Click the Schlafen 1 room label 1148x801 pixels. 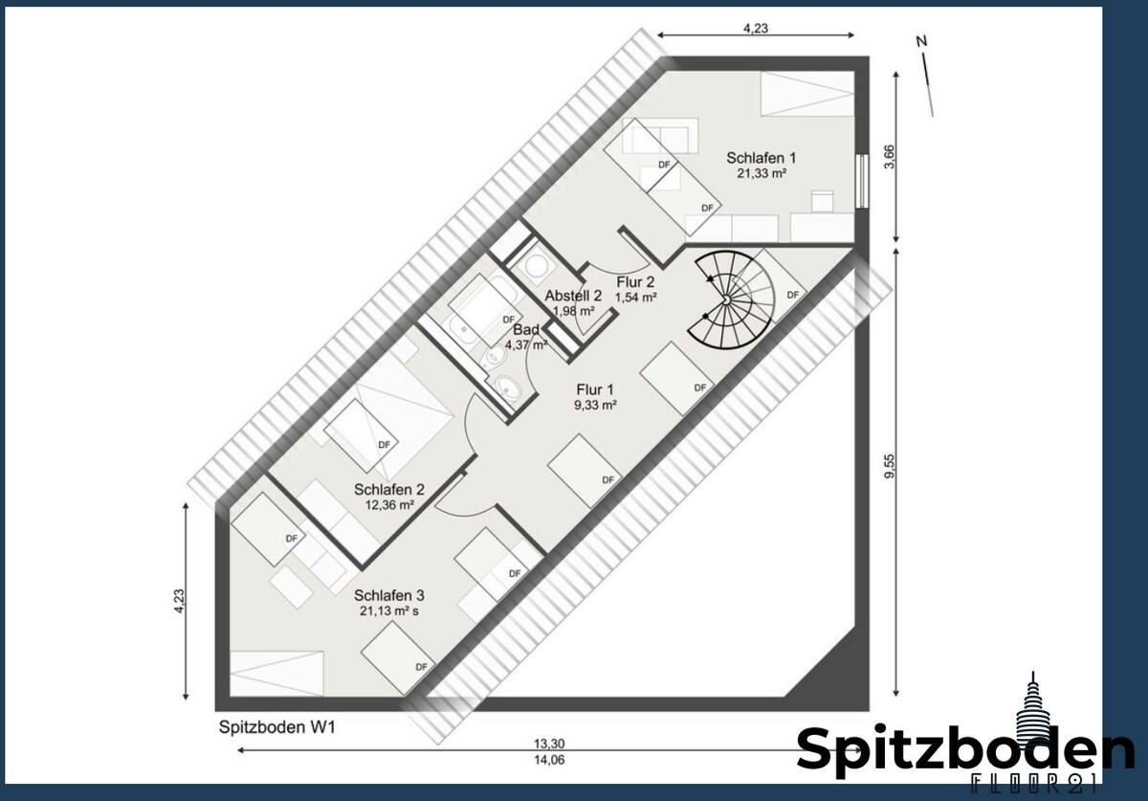(761, 158)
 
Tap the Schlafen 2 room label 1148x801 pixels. (388, 489)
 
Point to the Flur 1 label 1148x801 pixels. (595, 389)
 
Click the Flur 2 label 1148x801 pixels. (635, 281)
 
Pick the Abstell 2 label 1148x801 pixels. (573, 296)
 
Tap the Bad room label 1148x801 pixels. (527, 330)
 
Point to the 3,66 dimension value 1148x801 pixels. (889, 157)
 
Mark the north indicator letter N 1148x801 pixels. (921, 41)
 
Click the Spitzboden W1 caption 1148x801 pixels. (275, 727)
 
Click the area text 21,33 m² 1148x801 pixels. (762, 174)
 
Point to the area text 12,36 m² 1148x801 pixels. (388, 504)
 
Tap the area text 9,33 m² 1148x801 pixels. (595, 405)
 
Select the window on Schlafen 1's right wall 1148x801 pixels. (864, 181)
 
